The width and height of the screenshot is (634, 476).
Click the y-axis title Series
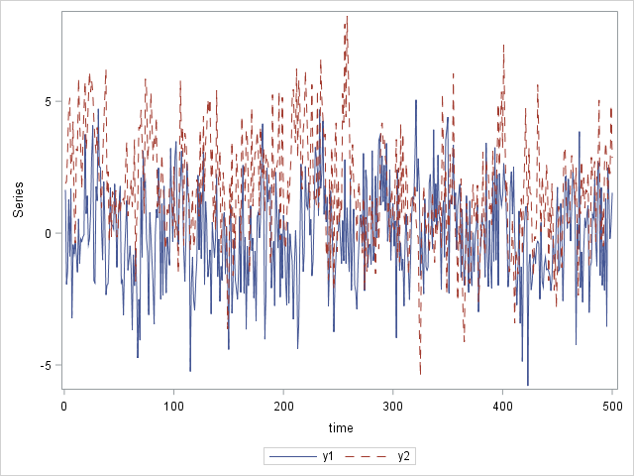point(18,200)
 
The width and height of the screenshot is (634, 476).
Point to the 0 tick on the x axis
point(64,405)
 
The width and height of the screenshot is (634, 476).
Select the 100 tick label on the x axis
point(173,405)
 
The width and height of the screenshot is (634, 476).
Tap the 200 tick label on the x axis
point(283,405)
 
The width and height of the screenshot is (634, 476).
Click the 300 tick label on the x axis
point(393,405)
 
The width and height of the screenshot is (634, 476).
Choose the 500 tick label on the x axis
point(612,405)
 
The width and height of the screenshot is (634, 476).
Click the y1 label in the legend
point(328,456)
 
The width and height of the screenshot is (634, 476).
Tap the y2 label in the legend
point(403,456)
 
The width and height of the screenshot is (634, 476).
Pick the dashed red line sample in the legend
point(367,456)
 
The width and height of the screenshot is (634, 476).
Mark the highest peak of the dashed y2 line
point(347,16)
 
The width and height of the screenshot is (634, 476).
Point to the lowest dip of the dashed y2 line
point(420,375)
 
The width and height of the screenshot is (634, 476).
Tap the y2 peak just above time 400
point(503,45)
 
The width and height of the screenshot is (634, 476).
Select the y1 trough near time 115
point(190,371)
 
